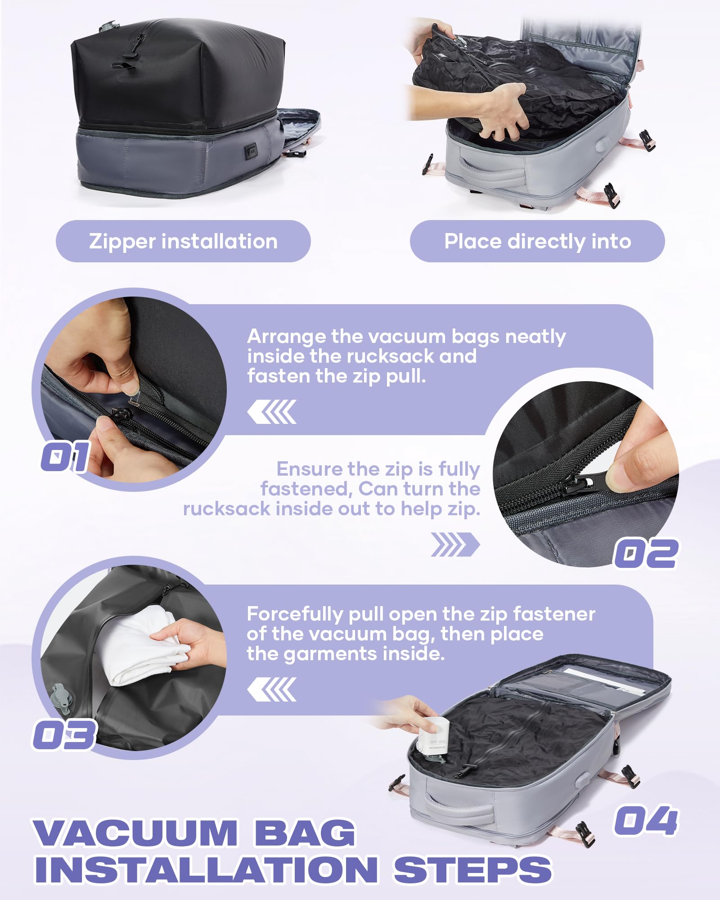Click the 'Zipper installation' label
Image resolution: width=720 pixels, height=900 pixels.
point(183,241)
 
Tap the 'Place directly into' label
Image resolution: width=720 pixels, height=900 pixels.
point(537,241)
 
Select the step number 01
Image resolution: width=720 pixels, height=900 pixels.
point(66,456)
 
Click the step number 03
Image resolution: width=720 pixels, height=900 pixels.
point(64,734)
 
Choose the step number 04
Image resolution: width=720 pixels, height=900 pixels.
point(646,821)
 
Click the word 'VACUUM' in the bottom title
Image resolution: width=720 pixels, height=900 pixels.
point(135,832)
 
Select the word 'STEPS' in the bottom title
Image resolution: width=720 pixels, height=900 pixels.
point(472,869)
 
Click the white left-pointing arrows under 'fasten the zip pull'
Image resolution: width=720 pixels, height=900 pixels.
point(272,412)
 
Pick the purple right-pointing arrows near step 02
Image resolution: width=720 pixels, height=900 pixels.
point(454,544)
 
